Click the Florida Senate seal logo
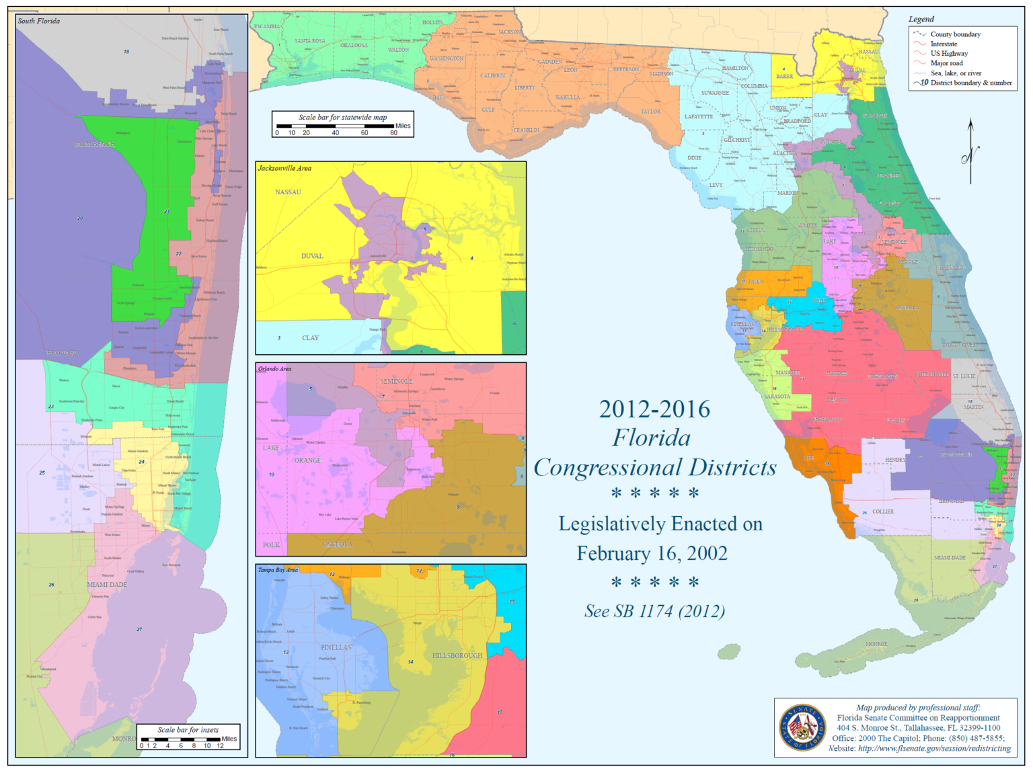tap(802, 727)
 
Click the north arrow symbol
tap(970, 152)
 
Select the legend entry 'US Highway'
tap(948, 54)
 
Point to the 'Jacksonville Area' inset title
tap(284, 169)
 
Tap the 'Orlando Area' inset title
tap(275, 369)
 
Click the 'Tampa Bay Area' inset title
tap(278, 570)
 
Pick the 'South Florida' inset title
tap(39, 22)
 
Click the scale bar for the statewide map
tap(342, 125)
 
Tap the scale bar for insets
tap(188, 737)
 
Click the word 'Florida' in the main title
tap(651, 438)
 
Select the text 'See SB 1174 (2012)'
tap(654, 611)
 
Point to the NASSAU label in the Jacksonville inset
tap(288, 192)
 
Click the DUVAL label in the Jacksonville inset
tap(312, 256)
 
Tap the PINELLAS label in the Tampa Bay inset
tap(336, 647)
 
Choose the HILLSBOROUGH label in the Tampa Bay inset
tap(457, 655)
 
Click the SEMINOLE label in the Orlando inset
tap(396, 381)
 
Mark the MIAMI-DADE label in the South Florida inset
tap(107, 585)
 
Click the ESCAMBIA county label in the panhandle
tap(266, 27)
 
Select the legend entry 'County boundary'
tap(955, 34)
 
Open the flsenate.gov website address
tap(934, 748)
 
